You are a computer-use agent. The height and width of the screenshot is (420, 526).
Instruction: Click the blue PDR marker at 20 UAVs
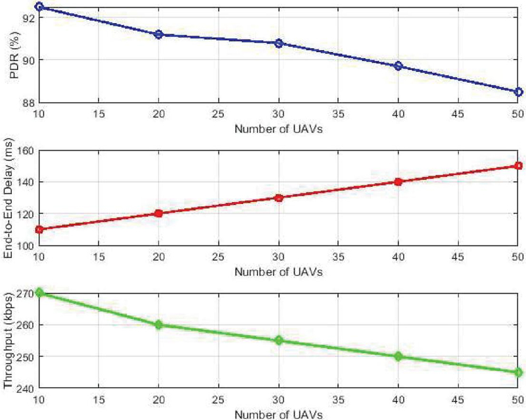click(x=158, y=34)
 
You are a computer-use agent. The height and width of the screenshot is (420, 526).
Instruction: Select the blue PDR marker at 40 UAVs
click(x=398, y=66)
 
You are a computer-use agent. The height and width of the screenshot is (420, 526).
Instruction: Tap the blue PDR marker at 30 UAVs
click(x=279, y=43)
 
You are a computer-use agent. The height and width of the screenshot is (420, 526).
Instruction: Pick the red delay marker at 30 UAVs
click(x=279, y=197)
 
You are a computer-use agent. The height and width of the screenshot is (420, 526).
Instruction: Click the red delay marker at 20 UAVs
click(x=158, y=213)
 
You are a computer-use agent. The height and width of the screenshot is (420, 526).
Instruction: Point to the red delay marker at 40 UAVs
click(x=398, y=182)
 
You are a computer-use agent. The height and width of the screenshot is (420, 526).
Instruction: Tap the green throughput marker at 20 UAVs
click(x=158, y=325)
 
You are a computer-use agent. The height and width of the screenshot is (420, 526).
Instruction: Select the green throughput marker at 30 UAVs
click(x=279, y=340)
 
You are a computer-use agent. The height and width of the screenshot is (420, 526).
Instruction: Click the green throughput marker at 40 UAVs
click(x=398, y=356)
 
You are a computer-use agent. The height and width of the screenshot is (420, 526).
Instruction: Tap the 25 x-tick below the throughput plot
click(x=219, y=400)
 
